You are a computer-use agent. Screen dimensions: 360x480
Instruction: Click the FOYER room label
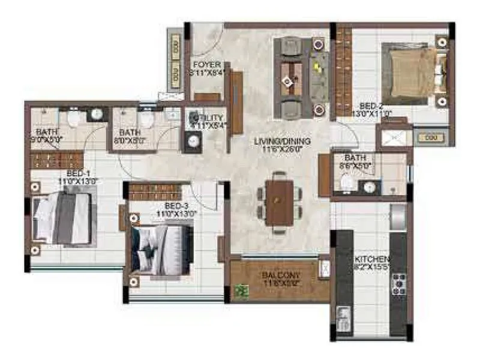pos(206,65)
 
